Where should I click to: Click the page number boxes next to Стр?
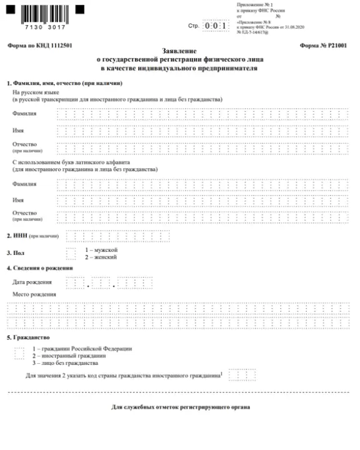click(x=216, y=26)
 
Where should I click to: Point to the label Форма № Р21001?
click(x=324, y=46)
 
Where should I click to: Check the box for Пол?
click(x=71, y=252)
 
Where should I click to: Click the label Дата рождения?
click(x=32, y=282)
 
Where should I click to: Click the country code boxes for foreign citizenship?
click(x=242, y=375)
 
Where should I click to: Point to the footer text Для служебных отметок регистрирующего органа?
click(x=180, y=407)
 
